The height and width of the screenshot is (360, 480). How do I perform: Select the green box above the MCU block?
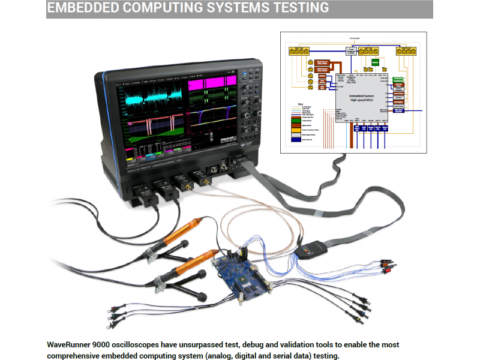pos(376,62)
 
